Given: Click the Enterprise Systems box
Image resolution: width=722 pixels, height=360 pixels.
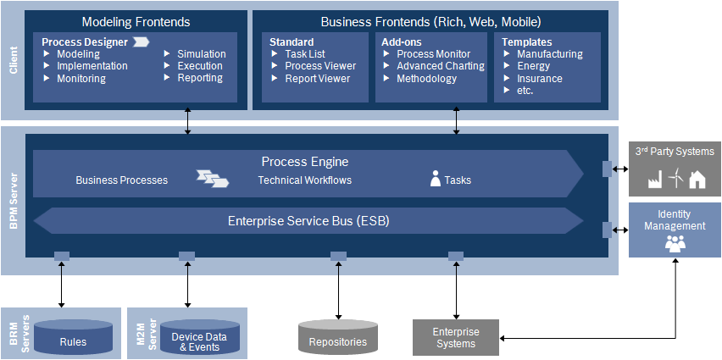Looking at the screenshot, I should point(456,337).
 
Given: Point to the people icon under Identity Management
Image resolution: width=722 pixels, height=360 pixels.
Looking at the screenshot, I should point(675,244).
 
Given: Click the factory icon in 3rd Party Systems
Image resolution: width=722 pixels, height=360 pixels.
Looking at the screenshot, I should point(654,179).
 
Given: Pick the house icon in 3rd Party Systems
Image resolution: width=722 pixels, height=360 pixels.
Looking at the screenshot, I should point(697,179).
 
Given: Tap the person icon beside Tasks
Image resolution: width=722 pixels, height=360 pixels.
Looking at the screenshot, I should point(436,179).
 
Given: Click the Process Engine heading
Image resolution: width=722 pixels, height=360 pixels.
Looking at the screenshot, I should point(304,161).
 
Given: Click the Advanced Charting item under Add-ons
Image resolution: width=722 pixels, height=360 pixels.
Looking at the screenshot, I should point(441,66).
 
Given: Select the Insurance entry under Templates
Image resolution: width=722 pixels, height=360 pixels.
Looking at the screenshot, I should point(539,79).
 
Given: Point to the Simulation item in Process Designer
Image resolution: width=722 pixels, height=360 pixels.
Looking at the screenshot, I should point(201,54).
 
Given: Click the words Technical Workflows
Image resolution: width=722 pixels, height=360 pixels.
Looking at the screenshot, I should point(304,180).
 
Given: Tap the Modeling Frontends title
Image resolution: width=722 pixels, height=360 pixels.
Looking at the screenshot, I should point(136,21).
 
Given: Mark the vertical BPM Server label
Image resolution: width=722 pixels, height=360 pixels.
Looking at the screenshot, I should point(13,201).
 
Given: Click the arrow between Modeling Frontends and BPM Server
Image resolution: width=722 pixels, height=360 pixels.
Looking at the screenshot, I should point(188,120).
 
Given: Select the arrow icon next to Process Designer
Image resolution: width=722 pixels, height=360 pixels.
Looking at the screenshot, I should point(141,42).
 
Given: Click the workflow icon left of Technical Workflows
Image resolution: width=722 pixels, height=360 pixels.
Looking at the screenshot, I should point(213,178).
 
